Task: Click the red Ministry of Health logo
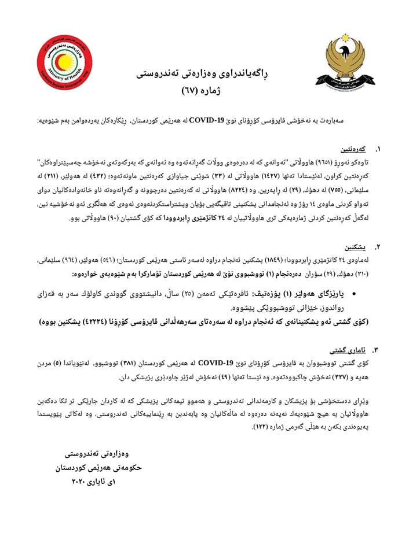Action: pyautogui.click(x=61, y=62)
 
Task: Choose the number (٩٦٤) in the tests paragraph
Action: pyautogui.click(x=79, y=260)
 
